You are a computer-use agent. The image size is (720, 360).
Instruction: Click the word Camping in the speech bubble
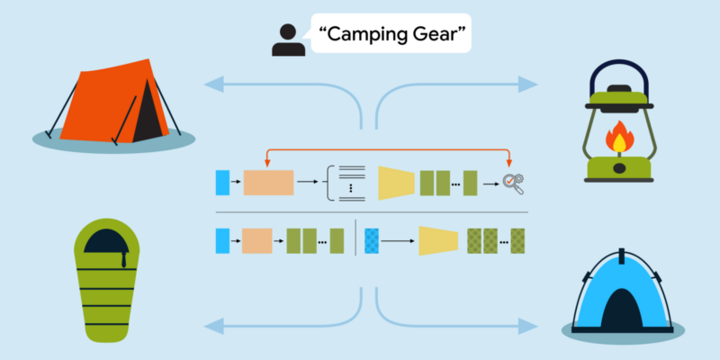[x=366, y=35]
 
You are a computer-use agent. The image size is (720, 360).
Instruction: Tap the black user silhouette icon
[x=288, y=40]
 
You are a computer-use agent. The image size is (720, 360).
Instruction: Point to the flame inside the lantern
[x=619, y=137]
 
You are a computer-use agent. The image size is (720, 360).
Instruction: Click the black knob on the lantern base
[x=619, y=168]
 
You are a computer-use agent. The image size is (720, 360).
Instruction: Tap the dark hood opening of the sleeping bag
[x=106, y=240]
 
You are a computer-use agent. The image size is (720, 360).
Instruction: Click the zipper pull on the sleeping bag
[x=124, y=259]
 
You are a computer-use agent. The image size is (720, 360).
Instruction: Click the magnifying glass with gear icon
[x=513, y=184]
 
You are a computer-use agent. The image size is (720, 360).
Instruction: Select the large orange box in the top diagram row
[x=268, y=183]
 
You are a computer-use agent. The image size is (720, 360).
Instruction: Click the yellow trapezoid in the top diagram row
[x=397, y=184]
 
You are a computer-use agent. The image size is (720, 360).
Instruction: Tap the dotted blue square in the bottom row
[x=372, y=241]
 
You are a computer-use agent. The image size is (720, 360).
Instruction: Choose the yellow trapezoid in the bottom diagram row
[x=438, y=240]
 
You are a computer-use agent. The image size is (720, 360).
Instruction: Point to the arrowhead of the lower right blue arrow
[x=528, y=327]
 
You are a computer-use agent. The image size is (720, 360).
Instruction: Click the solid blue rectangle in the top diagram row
[x=222, y=183]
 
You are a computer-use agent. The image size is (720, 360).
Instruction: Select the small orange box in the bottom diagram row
[x=257, y=241]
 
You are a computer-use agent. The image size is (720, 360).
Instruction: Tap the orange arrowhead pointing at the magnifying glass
[x=508, y=164]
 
